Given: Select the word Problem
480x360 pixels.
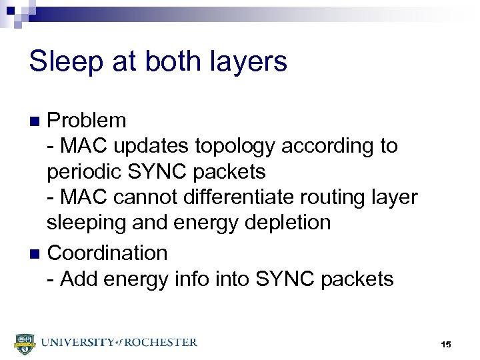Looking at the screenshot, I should click(87, 121).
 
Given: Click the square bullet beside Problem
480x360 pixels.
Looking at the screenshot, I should click(37, 121).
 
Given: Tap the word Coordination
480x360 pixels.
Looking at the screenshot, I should click(107, 253).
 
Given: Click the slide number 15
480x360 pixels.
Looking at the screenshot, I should click(445, 344).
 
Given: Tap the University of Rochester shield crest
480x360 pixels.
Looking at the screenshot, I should click(23, 343).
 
